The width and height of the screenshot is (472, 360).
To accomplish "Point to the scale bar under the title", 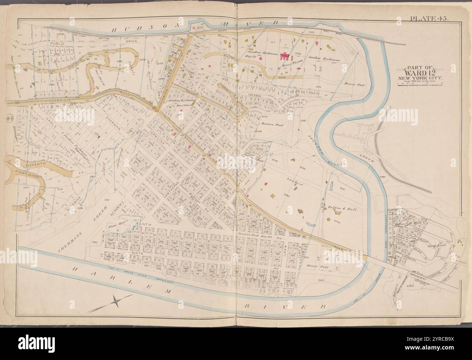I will (422, 85).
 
